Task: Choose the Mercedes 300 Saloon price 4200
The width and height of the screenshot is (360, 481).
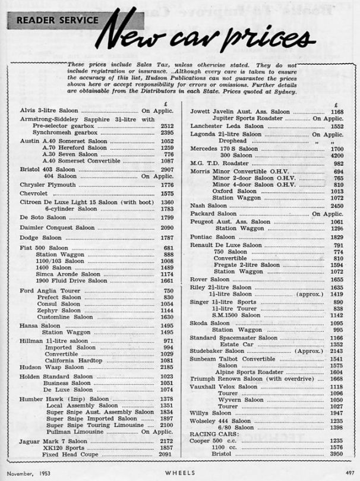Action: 337,155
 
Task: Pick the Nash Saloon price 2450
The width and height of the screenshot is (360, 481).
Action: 337,205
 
